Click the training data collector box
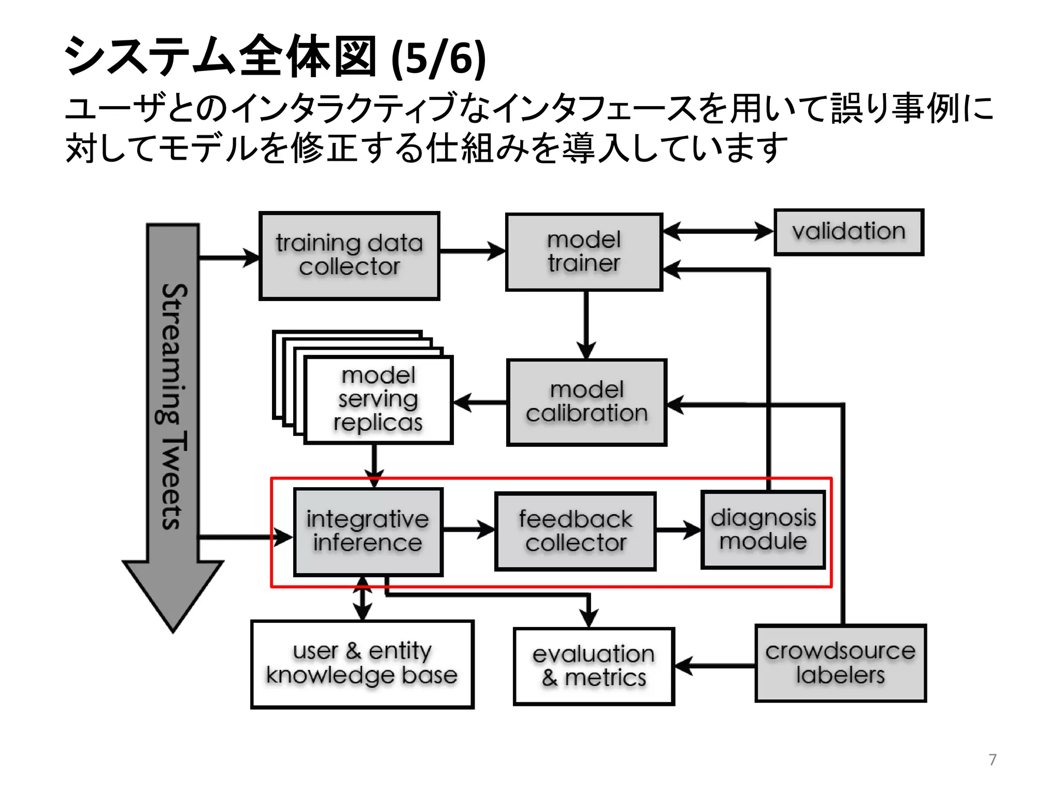[349, 255]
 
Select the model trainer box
[584, 252]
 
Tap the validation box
[849, 232]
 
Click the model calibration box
[586, 402]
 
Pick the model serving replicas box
[378, 399]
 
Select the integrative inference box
[368, 531]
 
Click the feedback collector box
[575, 531]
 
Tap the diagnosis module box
[763, 530]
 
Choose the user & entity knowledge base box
[362, 664]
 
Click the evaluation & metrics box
[594, 666]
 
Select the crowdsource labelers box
[840, 663]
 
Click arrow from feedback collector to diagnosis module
[678, 530]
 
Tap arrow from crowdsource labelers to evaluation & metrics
[715, 665]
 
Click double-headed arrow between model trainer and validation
[718, 231]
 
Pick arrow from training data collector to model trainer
[472, 252]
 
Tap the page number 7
[992, 759]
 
